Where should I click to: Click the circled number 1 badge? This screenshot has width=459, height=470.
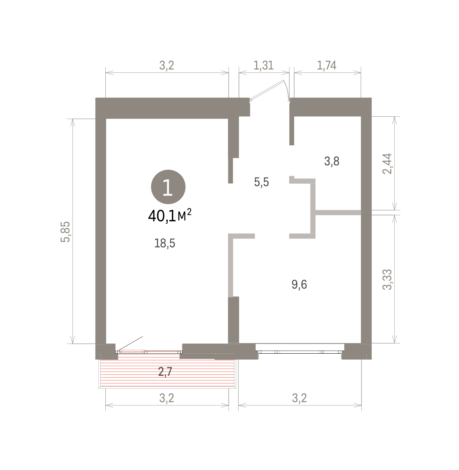tap(168, 187)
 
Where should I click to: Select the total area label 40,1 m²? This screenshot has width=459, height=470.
tap(170, 215)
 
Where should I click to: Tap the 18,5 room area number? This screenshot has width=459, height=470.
tap(164, 243)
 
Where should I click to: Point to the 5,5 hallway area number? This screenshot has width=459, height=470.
tap(262, 182)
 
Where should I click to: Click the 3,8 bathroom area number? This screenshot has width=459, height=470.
tap(332, 161)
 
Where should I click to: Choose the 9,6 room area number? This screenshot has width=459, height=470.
tap(299, 284)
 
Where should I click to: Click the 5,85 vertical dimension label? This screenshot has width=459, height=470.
tap(65, 231)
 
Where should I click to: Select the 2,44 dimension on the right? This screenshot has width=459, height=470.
tap(387, 163)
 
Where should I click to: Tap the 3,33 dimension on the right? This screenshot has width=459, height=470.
tap(387, 279)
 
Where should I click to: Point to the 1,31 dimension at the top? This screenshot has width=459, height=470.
tap(264, 65)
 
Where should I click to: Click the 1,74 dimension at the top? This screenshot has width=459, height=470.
tap(327, 65)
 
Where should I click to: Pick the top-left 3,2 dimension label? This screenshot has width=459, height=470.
tap(166, 65)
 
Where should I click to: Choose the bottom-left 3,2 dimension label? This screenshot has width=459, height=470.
tap(166, 398)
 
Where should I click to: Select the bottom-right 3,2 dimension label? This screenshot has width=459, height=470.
tap(299, 398)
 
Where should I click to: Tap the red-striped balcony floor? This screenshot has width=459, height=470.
tap(167, 373)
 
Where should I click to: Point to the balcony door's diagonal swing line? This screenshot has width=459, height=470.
tap(131, 343)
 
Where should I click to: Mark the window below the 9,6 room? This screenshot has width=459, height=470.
tap(300, 352)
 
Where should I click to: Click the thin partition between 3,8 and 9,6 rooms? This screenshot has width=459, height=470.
tap(338, 212)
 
